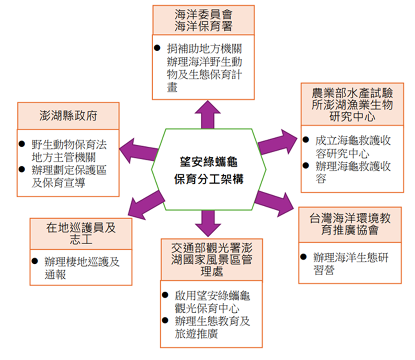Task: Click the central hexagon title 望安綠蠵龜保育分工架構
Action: point(208,170)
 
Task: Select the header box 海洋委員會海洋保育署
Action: point(203,20)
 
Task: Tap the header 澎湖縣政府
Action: point(68,116)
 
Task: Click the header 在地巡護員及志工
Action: point(81,233)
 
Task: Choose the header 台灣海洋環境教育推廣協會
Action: point(350,224)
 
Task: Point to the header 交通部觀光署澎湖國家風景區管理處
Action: point(211,259)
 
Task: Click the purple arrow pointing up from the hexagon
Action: point(207,114)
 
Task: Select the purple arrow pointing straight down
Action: point(207,224)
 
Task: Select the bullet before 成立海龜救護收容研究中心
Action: point(306,140)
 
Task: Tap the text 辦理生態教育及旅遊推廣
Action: point(212,327)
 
